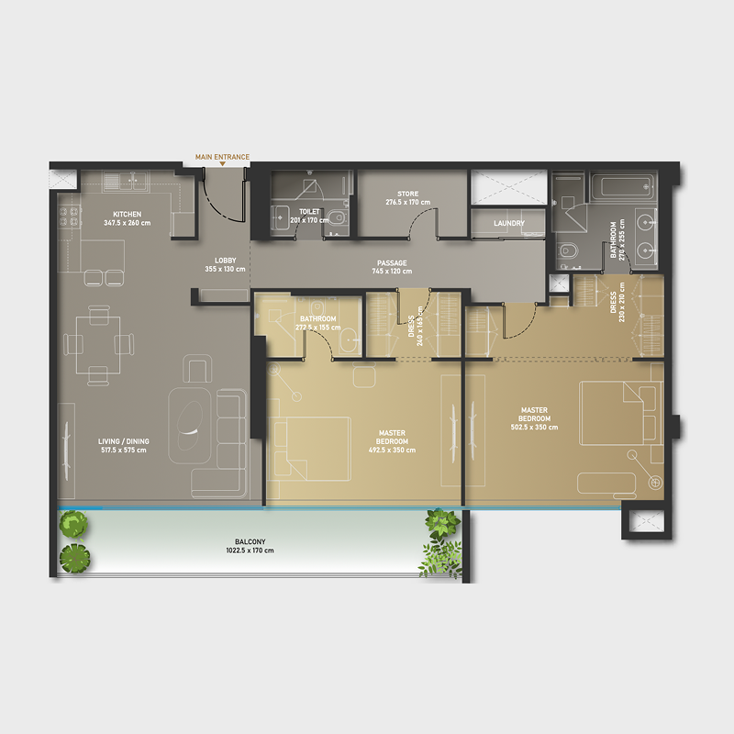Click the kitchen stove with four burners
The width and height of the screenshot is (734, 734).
69,217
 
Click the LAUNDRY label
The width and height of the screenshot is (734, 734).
508,223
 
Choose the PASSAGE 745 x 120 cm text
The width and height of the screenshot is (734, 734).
389,267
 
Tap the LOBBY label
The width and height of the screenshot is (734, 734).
225,264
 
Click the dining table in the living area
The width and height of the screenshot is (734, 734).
92,343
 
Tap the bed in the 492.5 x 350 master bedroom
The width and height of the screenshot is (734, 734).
313,449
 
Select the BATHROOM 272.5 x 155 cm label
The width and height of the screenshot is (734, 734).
316,323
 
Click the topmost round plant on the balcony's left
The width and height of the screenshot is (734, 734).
74,524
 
